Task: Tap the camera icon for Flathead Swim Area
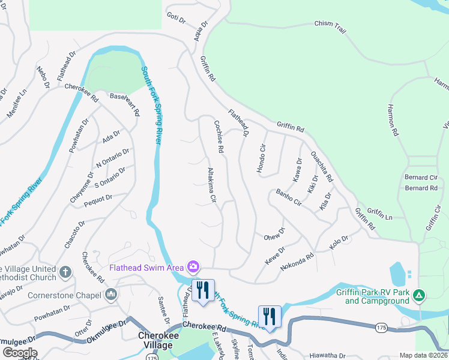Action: (193, 266)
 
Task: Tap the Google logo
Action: (20, 353)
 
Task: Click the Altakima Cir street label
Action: (211, 184)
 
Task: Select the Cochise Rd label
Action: (219, 137)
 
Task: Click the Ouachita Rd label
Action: (321, 166)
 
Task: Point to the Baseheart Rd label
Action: (124, 104)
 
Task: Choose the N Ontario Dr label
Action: (113, 158)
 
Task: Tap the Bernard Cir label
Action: (421, 178)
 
